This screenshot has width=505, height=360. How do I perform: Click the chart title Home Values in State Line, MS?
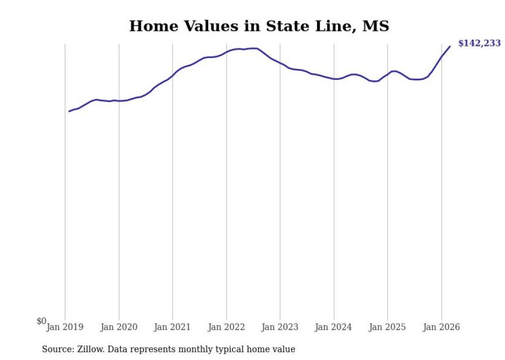point(259,26)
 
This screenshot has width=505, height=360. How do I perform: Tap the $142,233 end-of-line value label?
point(480,43)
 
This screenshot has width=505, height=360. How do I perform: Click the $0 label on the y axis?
point(42,321)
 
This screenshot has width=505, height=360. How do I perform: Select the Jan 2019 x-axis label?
point(65,327)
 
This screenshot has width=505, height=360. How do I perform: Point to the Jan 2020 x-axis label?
point(119,327)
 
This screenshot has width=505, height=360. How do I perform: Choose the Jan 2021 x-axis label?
point(172,327)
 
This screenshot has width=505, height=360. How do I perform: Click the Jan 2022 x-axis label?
point(226,327)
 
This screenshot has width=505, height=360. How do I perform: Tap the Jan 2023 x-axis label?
point(280,327)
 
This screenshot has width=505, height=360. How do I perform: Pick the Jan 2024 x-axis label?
point(334,327)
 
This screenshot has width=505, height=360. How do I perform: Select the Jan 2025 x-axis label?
point(388,327)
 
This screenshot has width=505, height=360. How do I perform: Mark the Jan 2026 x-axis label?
point(441,327)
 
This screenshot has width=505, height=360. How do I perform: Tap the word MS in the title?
point(376,26)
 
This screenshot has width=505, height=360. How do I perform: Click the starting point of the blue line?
point(69,111)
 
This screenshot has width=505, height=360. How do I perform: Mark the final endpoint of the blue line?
point(450,46)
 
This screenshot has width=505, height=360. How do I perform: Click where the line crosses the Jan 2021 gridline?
point(173,76)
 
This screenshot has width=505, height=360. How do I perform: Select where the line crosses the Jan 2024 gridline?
point(334,79)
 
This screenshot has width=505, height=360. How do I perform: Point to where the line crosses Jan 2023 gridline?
point(280,63)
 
